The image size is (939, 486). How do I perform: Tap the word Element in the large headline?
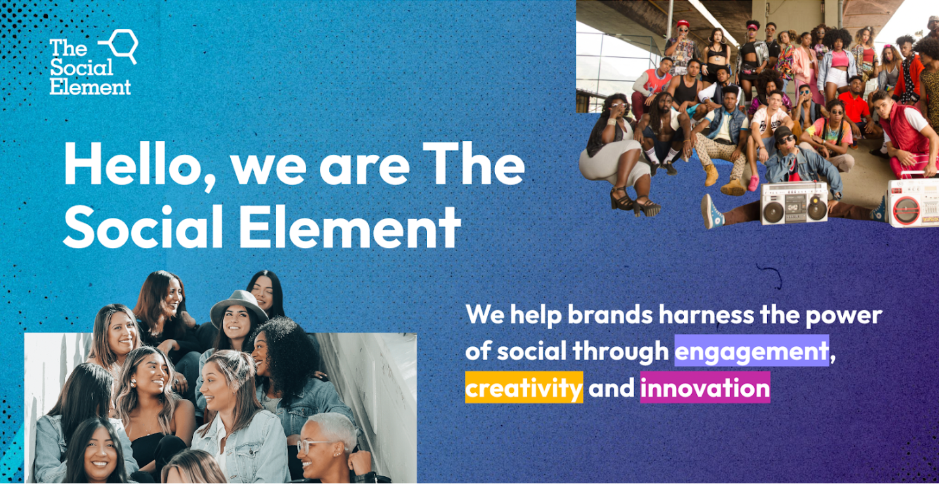point(350,228)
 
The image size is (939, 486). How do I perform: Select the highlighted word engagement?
point(751,351)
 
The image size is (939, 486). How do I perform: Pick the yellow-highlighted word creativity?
point(524,388)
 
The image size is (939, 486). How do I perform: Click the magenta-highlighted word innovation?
point(705,388)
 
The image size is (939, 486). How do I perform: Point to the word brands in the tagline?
point(610,315)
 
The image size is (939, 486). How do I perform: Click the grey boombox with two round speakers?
point(794,203)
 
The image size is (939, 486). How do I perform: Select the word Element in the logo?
point(90,87)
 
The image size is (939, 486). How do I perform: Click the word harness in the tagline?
point(706,315)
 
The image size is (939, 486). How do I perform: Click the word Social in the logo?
point(81,68)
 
